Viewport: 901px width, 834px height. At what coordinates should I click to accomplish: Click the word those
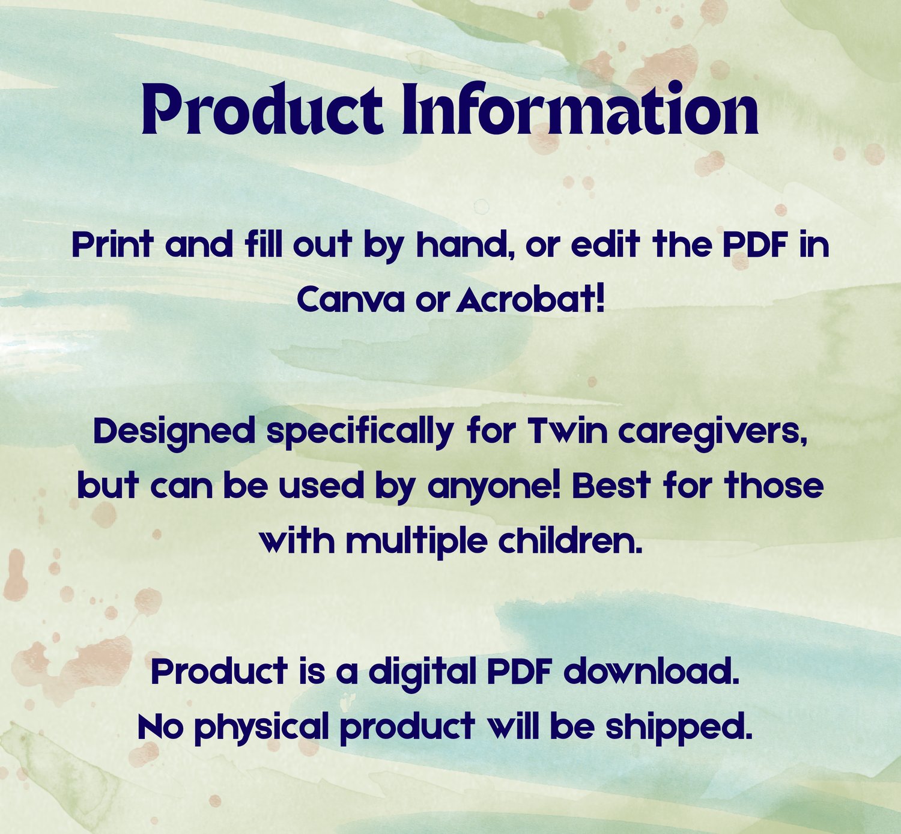(x=774, y=485)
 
